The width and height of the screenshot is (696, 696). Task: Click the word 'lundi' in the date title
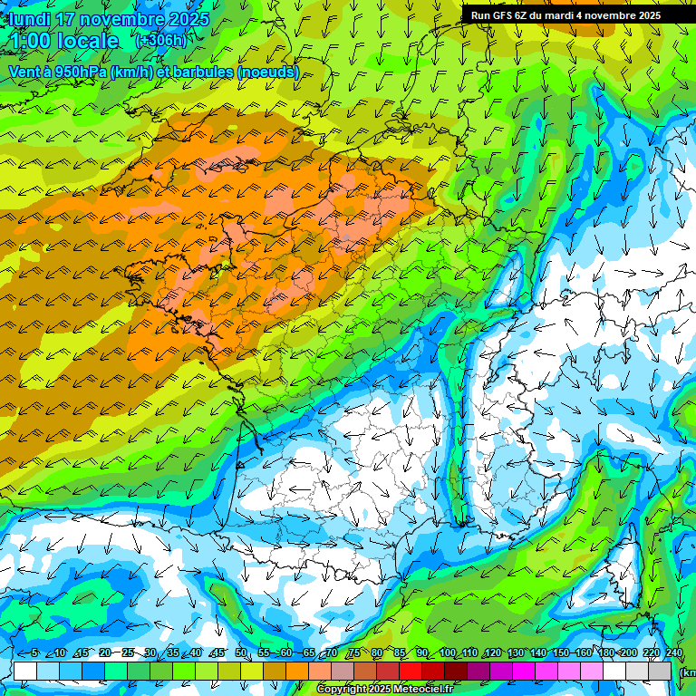[x=30, y=19]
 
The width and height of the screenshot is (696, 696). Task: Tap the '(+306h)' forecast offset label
[x=160, y=41]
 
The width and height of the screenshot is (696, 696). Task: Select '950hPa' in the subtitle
[x=83, y=72]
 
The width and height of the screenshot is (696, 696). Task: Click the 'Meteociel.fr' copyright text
[x=420, y=690]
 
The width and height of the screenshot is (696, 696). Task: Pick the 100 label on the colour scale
[x=447, y=653]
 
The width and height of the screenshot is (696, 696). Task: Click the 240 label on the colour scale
[x=673, y=653]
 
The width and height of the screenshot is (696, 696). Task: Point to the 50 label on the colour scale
[x=241, y=653]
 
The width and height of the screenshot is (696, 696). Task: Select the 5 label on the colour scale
[x=34, y=653]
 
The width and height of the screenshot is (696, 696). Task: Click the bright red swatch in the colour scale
[x=411, y=671]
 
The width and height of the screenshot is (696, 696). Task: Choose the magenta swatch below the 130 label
[x=525, y=671]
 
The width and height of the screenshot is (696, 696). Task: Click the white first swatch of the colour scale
[x=25, y=671]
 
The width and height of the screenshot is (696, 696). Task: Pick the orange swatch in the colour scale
[x=297, y=671]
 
